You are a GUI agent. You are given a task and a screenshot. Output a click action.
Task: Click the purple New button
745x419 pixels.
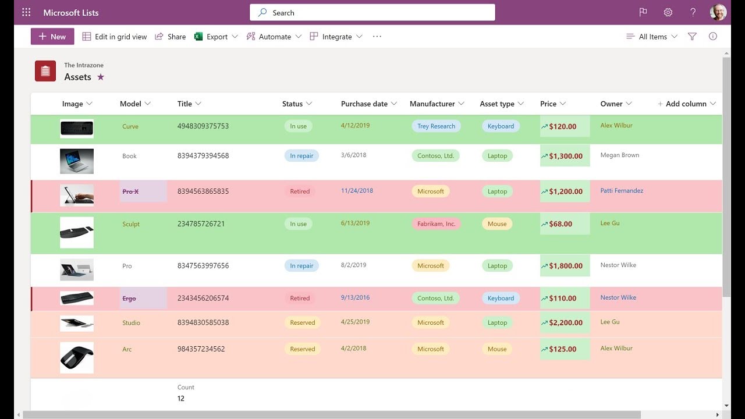[x=52, y=36]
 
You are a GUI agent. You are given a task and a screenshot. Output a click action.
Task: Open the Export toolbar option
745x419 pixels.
[x=216, y=37]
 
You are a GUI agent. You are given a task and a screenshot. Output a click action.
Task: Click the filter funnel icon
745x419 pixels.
[x=692, y=36]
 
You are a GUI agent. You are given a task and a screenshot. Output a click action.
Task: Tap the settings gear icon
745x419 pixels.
[x=668, y=13]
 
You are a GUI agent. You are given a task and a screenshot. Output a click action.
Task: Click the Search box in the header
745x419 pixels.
[x=372, y=13]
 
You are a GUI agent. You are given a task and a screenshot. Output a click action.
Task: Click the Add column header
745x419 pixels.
[x=686, y=104]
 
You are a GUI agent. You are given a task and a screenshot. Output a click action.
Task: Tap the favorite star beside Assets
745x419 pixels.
[x=101, y=77]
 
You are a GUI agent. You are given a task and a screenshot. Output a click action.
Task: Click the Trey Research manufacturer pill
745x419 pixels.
[x=436, y=126]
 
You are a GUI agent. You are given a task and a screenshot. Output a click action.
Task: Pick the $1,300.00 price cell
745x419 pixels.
[x=565, y=155]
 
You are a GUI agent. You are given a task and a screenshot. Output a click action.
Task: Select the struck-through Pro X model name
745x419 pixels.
[x=130, y=191]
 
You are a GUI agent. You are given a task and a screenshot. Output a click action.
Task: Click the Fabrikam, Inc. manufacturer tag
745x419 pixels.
[x=436, y=224]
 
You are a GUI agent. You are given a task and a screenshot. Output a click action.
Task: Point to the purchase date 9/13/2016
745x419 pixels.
[x=355, y=297]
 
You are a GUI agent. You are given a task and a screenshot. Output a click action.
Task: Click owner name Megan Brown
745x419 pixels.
[x=620, y=155]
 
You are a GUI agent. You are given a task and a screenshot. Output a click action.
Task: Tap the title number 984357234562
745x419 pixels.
[x=201, y=349]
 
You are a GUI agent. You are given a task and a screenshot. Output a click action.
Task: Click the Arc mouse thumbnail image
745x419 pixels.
[x=77, y=358]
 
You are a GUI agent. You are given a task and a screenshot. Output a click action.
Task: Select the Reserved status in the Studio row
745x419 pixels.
[x=302, y=322]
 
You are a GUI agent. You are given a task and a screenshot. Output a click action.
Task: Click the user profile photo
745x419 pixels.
[x=718, y=13]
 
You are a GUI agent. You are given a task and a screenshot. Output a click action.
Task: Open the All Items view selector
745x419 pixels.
[x=651, y=37]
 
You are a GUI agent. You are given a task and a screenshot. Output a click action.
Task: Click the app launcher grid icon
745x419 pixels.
[x=26, y=13]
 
